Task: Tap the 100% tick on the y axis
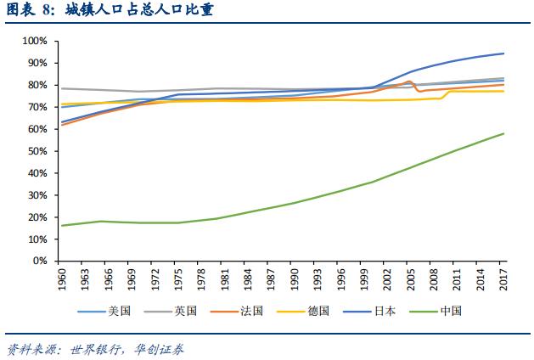tap(35, 41)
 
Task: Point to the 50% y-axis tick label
tap(37, 151)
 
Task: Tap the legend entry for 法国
tap(249, 311)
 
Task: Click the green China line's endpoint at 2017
tap(504, 133)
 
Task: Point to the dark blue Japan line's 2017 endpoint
tap(504, 53)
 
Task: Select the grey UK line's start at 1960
tap(62, 88)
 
